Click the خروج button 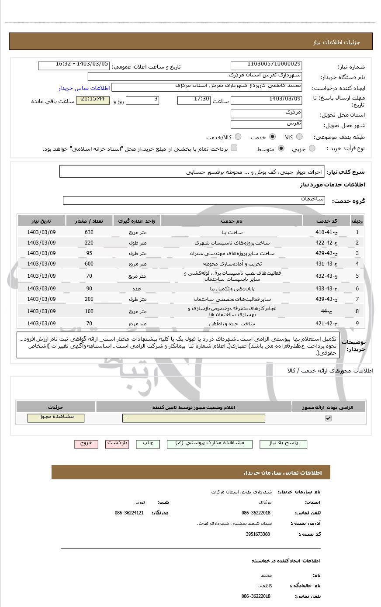(86, 443)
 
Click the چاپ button (148, 443)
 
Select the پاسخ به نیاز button (283, 444)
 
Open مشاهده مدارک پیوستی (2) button (209, 444)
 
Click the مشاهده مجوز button (56, 417)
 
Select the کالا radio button (299, 137)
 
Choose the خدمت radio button (273, 137)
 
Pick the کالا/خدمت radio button (238, 137)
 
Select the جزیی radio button (312, 148)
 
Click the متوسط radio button (281, 148)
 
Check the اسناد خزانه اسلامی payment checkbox (234, 148)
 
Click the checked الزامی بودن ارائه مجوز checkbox (329, 418)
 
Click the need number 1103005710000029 (266, 66)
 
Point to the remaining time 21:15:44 (93, 100)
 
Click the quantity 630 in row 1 (89, 232)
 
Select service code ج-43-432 (326, 276)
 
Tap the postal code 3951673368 (258, 534)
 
